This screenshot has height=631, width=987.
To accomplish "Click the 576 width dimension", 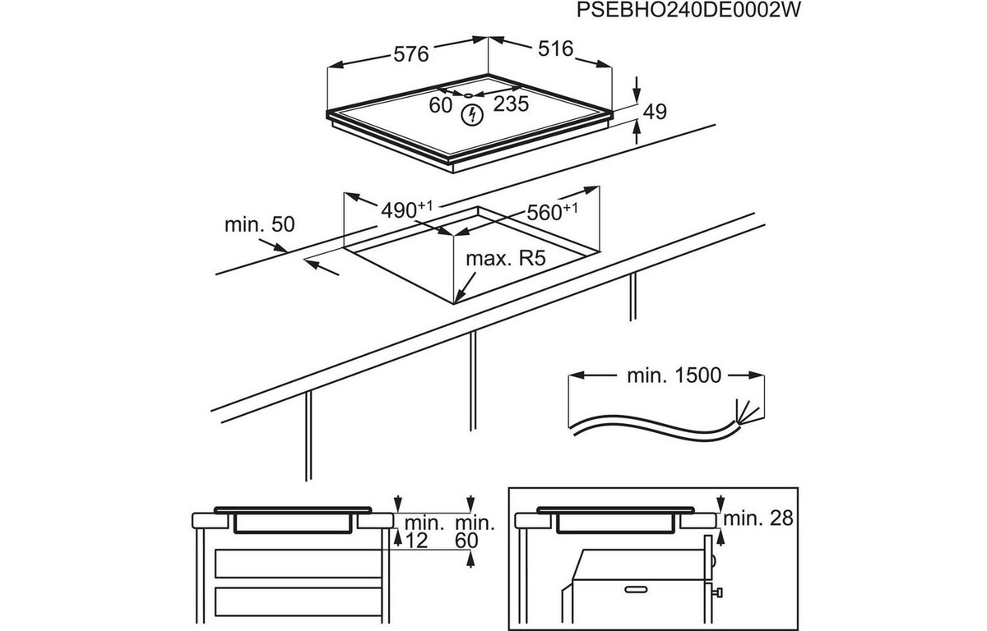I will click(410, 54).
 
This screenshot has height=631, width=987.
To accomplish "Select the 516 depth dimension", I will click(555, 49).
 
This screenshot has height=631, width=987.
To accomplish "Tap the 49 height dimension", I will click(654, 112).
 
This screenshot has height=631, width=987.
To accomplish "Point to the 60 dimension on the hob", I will click(441, 104).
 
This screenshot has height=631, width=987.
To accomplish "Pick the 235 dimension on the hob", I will click(510, 104).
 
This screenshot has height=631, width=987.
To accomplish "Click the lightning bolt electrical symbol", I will click(472, 116).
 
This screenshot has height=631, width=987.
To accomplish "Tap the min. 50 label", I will click(259, 224).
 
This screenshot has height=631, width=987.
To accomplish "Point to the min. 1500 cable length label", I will click(674, 376).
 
